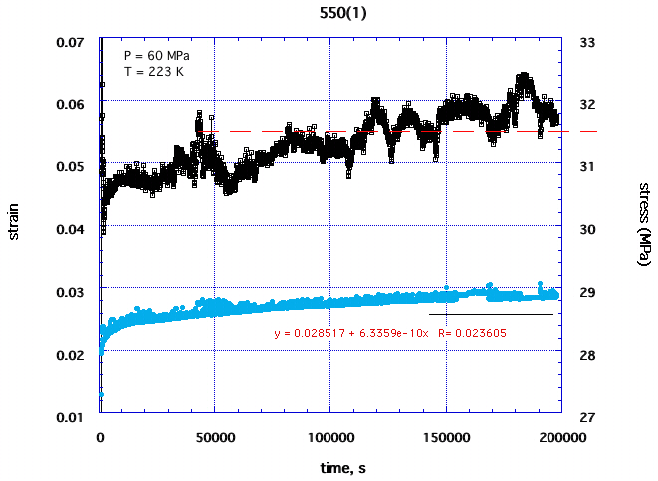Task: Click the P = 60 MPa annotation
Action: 156,55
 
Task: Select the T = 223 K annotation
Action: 154,71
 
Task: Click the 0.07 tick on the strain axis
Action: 71,43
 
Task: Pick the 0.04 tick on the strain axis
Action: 71,229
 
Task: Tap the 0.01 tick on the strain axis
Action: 71,415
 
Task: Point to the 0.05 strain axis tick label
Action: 71,166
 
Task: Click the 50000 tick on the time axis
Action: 215,435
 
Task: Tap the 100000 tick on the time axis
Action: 330,435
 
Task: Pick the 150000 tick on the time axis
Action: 446,435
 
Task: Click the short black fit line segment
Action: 490,314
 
